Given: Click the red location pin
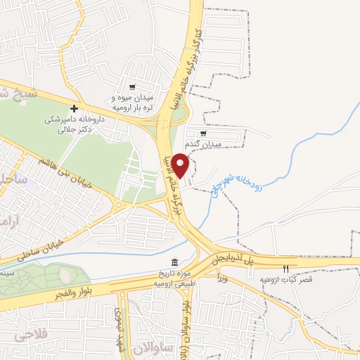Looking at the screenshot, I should point(181,165).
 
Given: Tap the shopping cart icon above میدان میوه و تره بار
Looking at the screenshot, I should point(131,88).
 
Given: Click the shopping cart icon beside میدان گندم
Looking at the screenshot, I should point(203,133).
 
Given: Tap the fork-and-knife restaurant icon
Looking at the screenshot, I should point(285,269).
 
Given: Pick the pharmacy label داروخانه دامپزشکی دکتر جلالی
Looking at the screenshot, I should point(70,124).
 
